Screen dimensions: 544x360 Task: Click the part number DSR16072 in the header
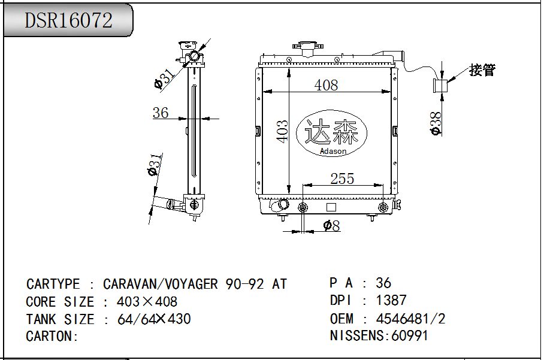69,20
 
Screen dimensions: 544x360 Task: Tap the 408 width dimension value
326,85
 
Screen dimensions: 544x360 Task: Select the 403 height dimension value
282,131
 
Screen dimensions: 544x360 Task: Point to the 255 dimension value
342,179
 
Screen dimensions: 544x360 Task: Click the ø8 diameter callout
332,226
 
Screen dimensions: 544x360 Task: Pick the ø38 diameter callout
436,123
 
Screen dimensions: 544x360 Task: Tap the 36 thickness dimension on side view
161,113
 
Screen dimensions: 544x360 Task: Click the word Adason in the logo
333,151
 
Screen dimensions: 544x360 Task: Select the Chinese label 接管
482,70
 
